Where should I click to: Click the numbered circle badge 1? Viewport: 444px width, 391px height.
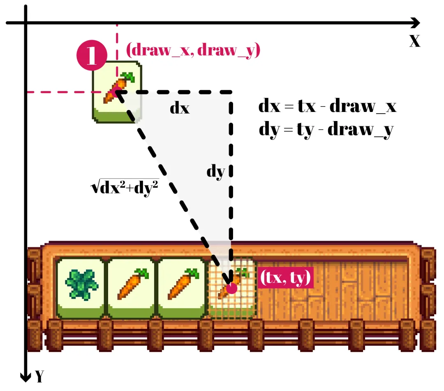(91, 55)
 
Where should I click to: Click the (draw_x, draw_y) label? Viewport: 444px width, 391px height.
(193, 50)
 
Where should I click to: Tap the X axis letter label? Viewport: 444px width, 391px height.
(415, 41)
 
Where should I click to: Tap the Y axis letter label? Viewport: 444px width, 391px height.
(39, 376)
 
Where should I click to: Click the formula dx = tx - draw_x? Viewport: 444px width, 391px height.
(327, 107)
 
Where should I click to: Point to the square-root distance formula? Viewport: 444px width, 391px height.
(124, 188)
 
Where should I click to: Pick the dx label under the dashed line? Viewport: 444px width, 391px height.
(180, 108)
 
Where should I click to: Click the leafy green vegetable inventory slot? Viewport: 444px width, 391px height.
(81, 288)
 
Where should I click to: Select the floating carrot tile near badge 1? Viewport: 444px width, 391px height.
(117, 92)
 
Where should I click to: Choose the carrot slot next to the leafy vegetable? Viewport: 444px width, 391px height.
(132, 288)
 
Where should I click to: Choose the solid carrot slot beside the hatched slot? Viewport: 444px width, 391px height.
(182, 288)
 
